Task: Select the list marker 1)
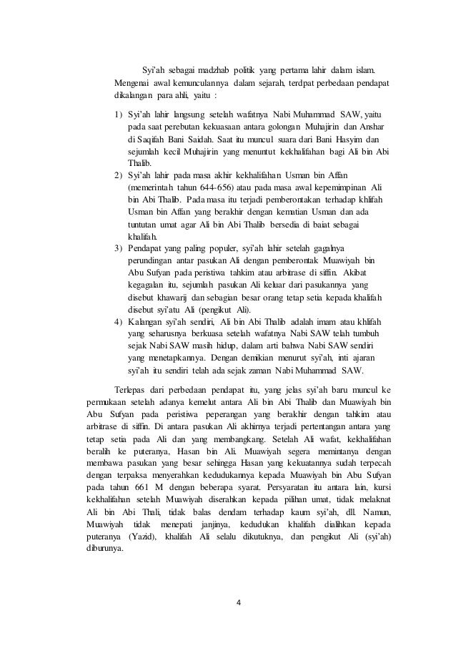click(x=119, y=114)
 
